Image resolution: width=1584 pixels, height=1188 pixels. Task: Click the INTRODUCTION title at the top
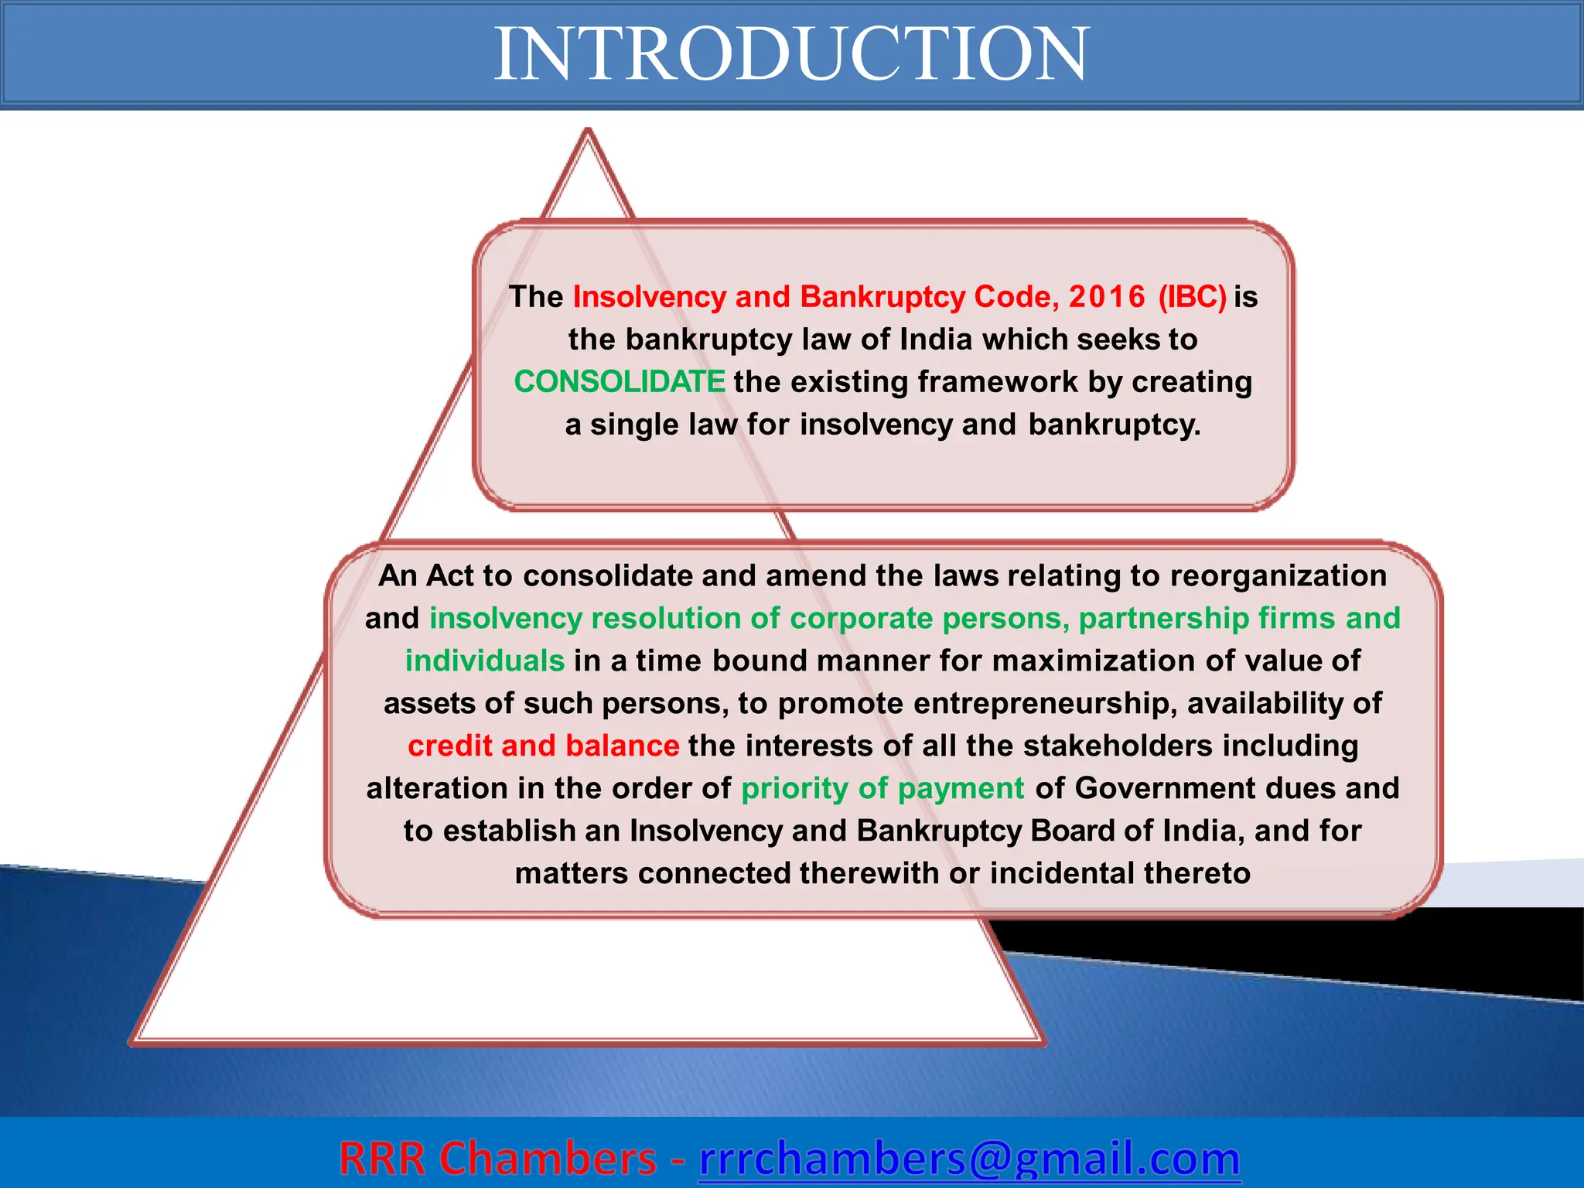(791, 54)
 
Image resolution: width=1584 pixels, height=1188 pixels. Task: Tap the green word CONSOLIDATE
(620, 382)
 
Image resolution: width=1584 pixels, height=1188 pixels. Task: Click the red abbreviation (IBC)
(1192, 297)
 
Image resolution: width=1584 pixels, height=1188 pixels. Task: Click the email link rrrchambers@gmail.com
(969, 1158)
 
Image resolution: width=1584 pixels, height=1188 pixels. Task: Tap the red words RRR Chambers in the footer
(497, 1158)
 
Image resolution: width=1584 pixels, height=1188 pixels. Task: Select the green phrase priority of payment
(882, 788)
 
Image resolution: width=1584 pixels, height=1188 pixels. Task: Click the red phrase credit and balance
(543, 746)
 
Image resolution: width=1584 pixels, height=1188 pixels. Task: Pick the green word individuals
(485, 661)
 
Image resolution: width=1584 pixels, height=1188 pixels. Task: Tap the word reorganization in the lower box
(1278, 575)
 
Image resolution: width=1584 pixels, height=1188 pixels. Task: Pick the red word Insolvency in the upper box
(649, 297)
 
